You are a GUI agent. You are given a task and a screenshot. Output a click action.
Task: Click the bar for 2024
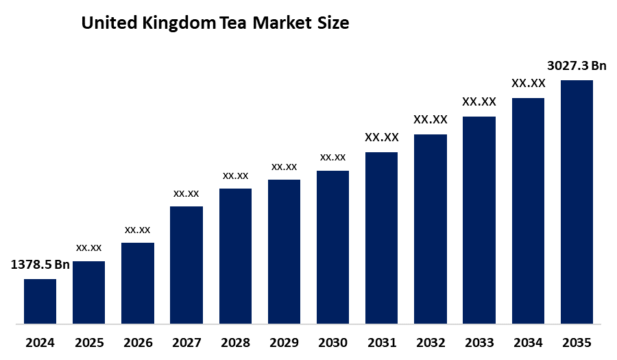pos(40,301)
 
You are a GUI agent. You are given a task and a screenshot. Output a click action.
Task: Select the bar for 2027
pos(186,265)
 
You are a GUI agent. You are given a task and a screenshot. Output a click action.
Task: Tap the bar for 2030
pos(332,247)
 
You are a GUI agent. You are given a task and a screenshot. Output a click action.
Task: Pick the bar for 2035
pos(577,202)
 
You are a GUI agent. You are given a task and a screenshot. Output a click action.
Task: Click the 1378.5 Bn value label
pos(40,265)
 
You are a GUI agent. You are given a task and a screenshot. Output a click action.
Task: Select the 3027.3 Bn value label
pos(577,66)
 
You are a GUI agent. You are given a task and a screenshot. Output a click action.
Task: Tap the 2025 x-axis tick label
pos(89,341)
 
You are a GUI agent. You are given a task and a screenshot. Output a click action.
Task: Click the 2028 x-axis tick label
pos(235,341)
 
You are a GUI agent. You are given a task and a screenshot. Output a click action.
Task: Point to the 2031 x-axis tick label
pos(381,341)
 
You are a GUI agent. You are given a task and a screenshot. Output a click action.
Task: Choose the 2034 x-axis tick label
pos(528,341)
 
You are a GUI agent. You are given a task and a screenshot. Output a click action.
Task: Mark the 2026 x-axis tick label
pos(138,341)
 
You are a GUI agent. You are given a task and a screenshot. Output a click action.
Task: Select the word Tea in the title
pos(234,23)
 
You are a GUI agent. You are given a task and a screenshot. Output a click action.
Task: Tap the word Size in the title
pos(332,23)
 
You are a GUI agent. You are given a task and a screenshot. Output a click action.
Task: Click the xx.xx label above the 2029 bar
pos(284,167)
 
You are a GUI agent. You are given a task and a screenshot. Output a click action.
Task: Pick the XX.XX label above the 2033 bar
pos(479,102)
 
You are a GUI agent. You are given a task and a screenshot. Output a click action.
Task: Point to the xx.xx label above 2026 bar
pos(138,230)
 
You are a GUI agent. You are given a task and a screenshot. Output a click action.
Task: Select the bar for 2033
pos(479,219)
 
